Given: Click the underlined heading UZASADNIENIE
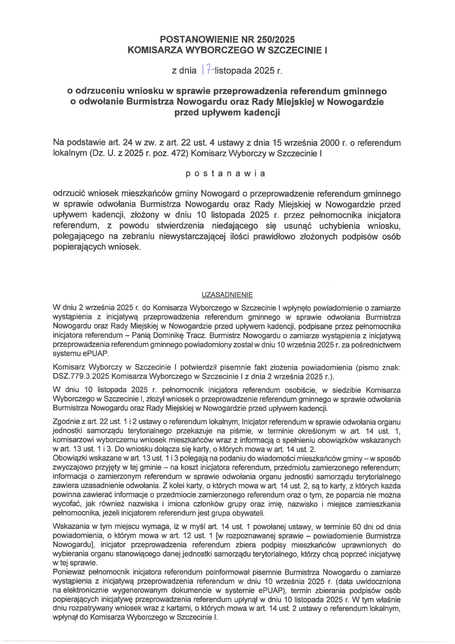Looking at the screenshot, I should click(x=227, y=295).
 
